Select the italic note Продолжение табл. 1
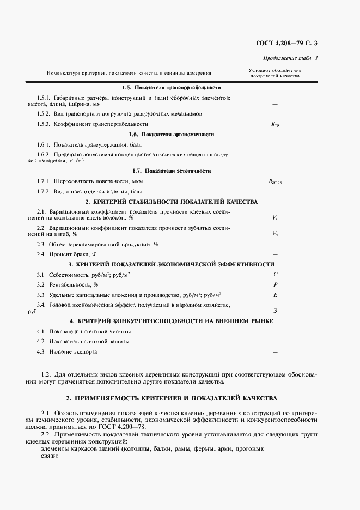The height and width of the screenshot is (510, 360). (291, 58)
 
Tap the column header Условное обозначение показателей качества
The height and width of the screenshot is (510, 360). (274, 74)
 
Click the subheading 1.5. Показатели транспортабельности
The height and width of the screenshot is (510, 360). (171, 88)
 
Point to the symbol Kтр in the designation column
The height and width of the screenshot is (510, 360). (275, 124)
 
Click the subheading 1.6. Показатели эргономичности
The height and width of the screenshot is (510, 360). (171, 134)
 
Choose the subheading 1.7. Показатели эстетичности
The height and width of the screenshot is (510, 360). (171, 171)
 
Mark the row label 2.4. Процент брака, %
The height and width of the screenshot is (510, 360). (67, 254)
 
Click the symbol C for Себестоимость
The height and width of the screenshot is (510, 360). (275, 275)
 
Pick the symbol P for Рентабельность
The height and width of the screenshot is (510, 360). (275, 284)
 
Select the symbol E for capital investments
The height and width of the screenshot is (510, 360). (275, 295)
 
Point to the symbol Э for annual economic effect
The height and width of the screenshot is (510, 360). (275, 310)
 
